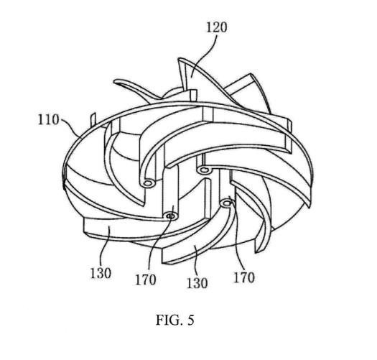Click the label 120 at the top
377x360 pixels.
pos(216,28)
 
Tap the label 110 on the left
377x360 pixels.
pos(48,119)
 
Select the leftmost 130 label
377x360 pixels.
pos(101,273)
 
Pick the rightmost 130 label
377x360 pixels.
pos(197,283)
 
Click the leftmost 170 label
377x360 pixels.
pos(146,280)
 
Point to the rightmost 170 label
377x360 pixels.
pos(244,277)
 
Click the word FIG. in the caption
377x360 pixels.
pos(168,320)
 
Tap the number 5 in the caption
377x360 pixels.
pos(190,320)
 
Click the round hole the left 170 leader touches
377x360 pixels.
pos(171,216)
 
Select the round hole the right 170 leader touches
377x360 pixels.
pos(226,204)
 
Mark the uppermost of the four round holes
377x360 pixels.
pos(204,170)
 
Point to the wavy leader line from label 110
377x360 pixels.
pos(70,126)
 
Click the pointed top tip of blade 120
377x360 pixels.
pos(178,58)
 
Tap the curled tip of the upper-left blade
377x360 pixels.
pos(115,82)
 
